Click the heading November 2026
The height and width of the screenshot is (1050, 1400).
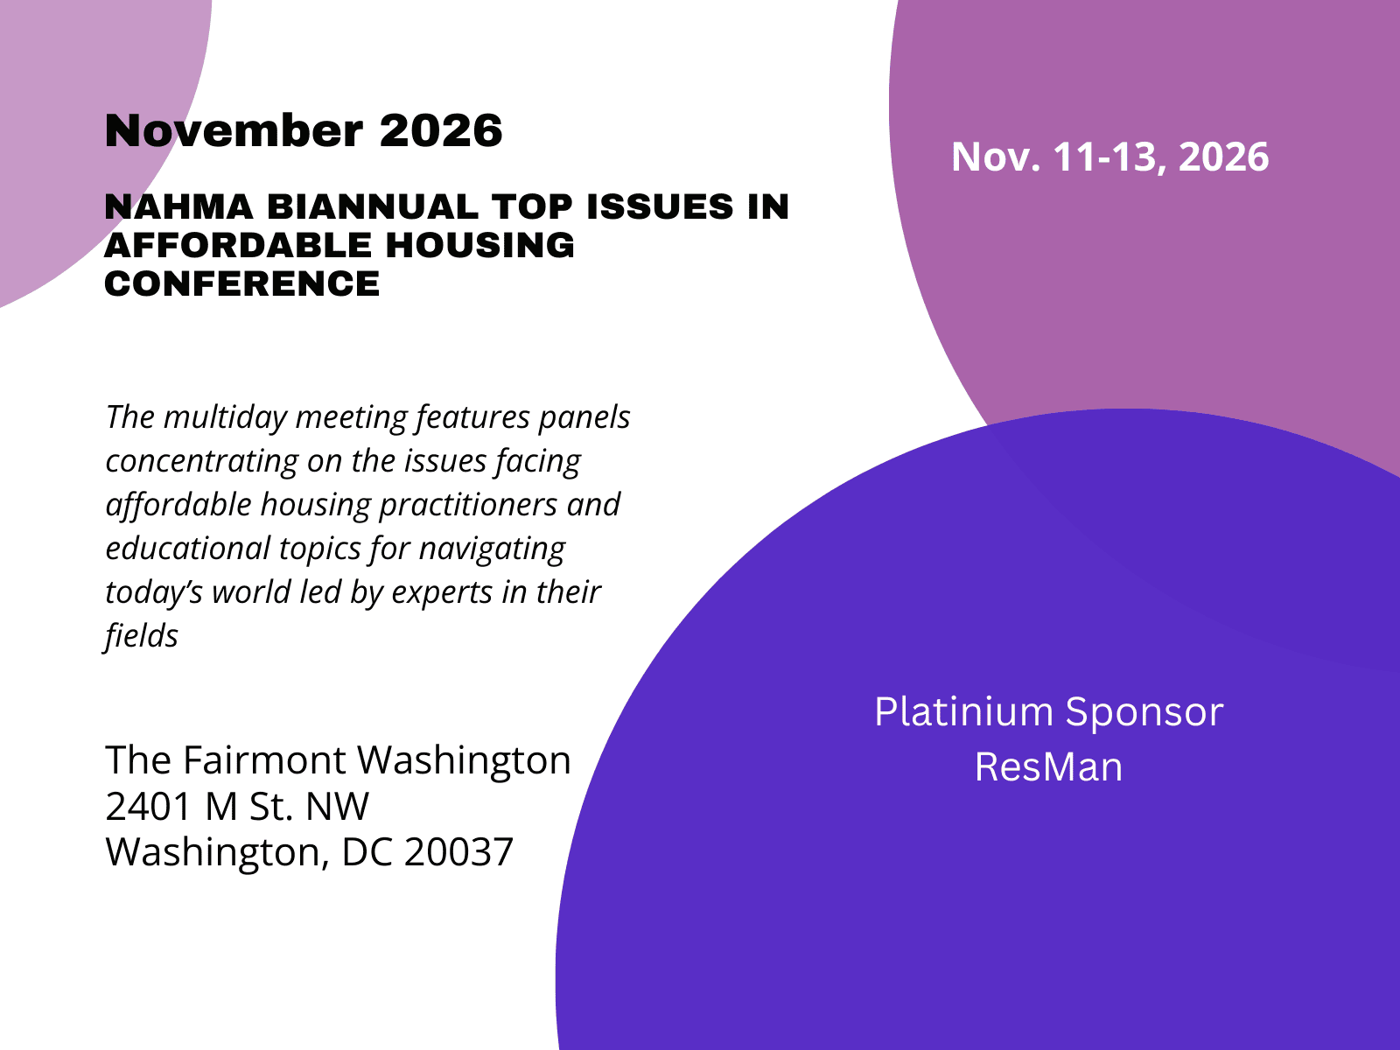(x=304, y=130)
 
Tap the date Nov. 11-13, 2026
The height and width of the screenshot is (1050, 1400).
(x=1109, y=157)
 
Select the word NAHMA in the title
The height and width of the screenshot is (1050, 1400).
(x=178, y=206)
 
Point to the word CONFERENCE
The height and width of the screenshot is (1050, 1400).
(x=241, y=283)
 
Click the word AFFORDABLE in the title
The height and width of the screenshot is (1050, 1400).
(x=238, y=245)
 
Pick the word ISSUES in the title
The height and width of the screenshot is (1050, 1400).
(x=660, y=206)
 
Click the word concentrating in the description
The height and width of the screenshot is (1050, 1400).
(x=201, y=461)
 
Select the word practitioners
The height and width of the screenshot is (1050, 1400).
(x=468, y=505)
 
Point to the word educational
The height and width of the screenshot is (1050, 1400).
(x=188, y=549)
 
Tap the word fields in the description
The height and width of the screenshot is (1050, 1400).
(x=142, y=636)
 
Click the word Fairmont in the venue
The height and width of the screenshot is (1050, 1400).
(x=265, y=759)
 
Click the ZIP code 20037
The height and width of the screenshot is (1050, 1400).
(x=458, y=852)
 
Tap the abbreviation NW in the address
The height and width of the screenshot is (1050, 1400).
(x=338, y=807)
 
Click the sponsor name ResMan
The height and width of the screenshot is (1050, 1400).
(x=1048, y=767)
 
